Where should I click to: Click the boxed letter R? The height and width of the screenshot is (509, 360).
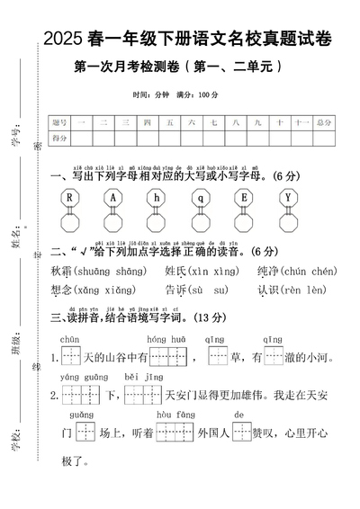(68, 197)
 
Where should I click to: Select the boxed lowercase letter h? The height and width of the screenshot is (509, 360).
(156, 197)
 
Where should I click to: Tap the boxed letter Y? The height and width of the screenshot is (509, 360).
(287, 197)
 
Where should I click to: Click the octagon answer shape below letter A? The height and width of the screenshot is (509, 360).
(112, 222)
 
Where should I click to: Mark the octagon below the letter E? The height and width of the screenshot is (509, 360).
(244, 222)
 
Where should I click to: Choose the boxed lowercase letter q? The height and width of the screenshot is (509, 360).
(200, 197)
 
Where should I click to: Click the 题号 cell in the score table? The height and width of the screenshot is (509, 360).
(60, 122)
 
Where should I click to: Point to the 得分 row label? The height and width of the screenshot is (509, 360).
(60, 138)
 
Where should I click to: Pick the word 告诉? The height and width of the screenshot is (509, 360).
(175, 290)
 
